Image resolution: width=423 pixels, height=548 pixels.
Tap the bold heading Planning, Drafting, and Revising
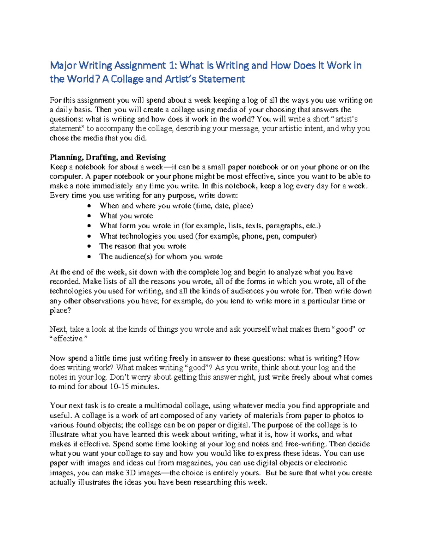[108, 157]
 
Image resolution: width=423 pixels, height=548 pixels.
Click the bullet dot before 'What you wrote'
[90, 216]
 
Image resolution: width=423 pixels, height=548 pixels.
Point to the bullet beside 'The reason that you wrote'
[90, 246]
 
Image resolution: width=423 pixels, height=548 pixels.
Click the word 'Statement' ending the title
[222, 79]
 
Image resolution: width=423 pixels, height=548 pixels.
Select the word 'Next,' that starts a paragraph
[58, 329]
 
